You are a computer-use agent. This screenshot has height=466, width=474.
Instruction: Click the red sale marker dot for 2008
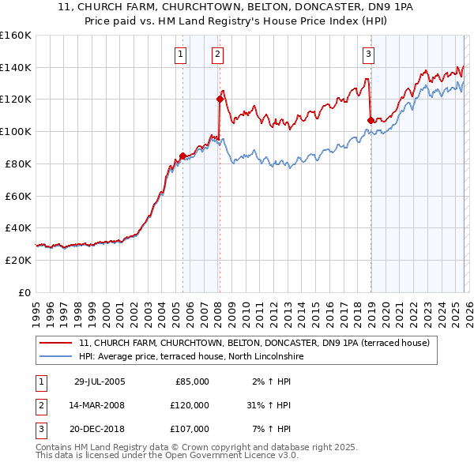pos(219,99)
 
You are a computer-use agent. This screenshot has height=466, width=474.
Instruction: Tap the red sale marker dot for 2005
pos(182,156)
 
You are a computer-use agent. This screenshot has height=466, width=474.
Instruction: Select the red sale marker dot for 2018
pos(371,120)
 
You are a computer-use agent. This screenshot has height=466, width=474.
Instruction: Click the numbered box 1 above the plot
pos(181,54)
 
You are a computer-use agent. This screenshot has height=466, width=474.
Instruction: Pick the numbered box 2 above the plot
pos(217,54)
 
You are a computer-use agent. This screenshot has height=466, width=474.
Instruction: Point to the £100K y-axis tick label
pos(16,131)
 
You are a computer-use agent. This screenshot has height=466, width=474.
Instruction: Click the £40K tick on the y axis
pos(18,227)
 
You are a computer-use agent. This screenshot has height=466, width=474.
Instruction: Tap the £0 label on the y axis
pos(25,292)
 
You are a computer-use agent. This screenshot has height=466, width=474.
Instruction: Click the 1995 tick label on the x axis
pos(36,308)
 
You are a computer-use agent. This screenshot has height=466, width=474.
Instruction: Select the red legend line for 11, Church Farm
pos(56,344)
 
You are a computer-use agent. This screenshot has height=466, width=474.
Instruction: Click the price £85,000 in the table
pos(192,381)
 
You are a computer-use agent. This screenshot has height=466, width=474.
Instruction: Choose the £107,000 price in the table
pos(190,429)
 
